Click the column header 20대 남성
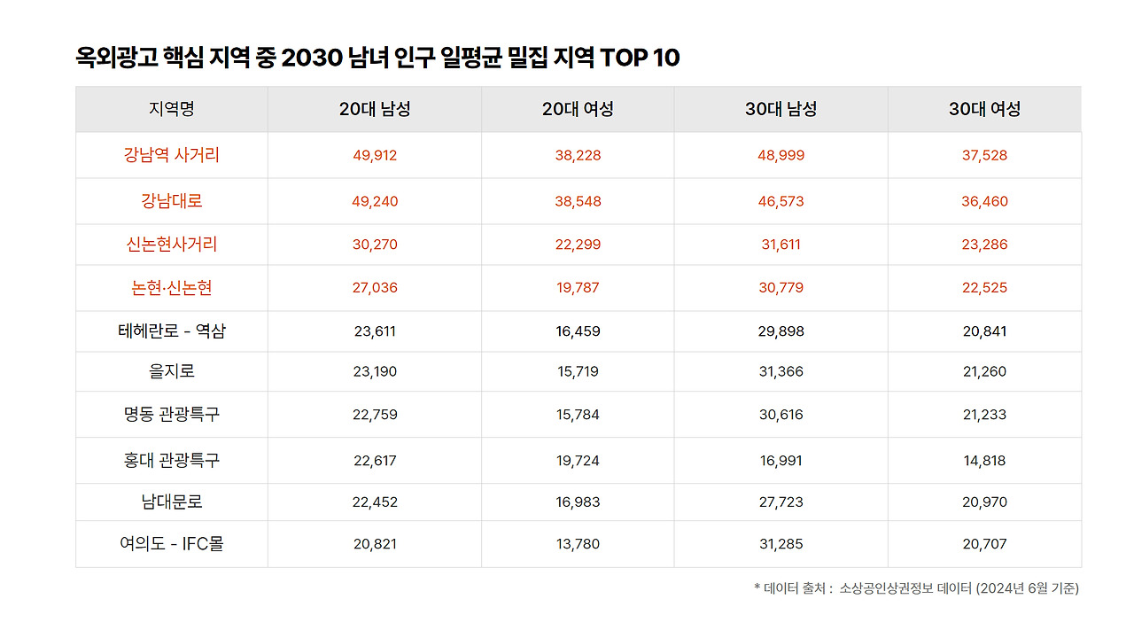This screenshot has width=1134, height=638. [375, 109]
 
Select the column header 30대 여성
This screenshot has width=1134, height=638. [984, 109]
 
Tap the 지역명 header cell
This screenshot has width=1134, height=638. [172, 109]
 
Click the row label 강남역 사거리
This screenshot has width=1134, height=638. [172, 155]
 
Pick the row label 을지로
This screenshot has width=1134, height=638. [172, 371]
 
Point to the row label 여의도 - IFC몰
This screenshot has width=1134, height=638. [172, 544]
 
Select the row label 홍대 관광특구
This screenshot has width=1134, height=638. [172, 461]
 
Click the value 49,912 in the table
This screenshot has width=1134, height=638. [375, 156]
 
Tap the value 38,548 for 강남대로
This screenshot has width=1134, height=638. [578, 202]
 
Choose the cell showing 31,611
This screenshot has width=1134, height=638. [781, 245]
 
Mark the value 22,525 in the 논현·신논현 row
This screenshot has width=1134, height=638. [984, 288]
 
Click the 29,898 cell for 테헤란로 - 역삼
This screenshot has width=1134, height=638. [781, 331]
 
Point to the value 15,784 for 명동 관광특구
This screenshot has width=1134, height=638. [578, 415]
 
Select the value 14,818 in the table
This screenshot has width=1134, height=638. [984, 461]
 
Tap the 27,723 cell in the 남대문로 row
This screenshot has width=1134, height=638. [781, 502]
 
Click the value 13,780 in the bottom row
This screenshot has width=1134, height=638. [578, 544]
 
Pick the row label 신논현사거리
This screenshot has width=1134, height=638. [172, 245]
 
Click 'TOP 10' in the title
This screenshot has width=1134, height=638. [640, 58]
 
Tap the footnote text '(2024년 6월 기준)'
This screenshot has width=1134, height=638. [1028, 588]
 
